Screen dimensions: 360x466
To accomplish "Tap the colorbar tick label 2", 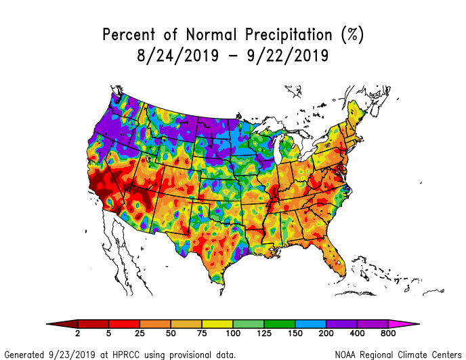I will [78, 334].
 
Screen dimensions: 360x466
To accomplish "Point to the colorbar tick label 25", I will [140, 334].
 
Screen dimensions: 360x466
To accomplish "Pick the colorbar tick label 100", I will [233, 334].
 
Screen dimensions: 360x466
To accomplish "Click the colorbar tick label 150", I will [295, 334].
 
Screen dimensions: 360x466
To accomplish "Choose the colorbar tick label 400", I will [356, 334].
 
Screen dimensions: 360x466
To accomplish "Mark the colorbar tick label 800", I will [387, 334].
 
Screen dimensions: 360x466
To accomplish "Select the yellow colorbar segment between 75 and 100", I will [217, 323].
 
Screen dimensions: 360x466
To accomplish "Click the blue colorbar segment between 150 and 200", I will [310, 323].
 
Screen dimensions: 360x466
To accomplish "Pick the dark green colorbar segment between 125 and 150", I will [279, 323].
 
